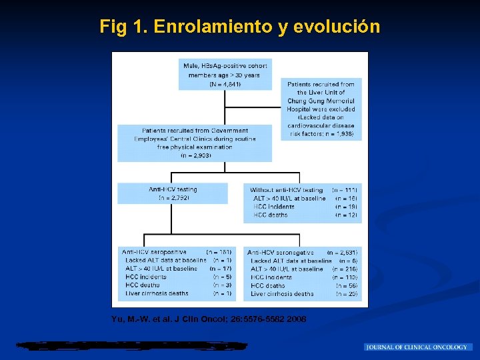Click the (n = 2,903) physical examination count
(195, 155)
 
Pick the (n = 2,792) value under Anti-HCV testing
(173, 198)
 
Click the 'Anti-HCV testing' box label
(173, 189)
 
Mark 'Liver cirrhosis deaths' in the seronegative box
(283, 293)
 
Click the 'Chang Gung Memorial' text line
(321, 101)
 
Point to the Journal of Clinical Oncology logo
(418, 347)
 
